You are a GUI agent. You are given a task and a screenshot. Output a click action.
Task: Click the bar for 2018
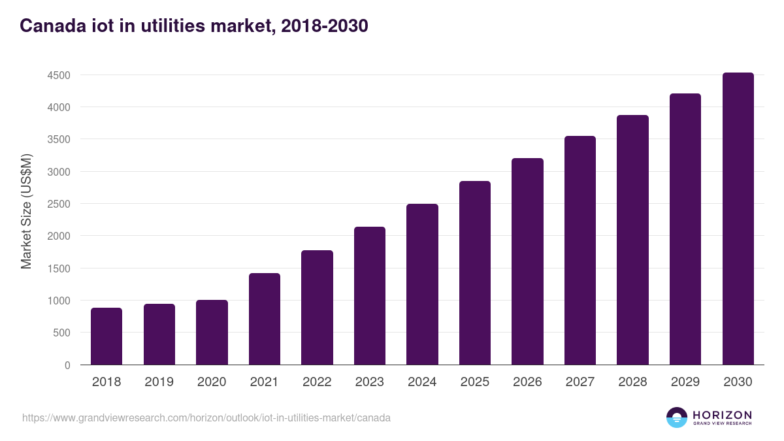coord(106,336)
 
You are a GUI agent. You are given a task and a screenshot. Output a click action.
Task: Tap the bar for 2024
coord(422,284)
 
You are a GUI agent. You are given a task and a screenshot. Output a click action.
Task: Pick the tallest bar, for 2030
coord(738,219)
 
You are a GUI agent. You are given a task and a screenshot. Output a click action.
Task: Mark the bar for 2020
coord(212,333)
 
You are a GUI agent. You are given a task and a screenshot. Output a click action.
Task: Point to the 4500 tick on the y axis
coord(59,75)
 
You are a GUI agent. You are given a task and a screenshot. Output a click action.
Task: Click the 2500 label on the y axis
coord(59,204)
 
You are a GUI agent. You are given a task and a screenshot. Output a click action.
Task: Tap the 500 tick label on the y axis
coord(62,333)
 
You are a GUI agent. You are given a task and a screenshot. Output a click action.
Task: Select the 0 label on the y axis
coord(67,365)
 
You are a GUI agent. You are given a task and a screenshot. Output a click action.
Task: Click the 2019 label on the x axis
coord(159,382)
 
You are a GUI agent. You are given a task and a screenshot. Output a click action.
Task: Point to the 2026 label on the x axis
coord(527,382)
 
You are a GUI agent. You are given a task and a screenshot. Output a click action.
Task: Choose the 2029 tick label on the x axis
coord(685,382)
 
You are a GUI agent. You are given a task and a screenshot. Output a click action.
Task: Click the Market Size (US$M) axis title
coord(27,210)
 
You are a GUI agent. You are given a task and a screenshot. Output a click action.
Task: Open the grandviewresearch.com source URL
coord(206,417)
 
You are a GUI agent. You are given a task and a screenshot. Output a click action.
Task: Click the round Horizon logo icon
coord(677,417)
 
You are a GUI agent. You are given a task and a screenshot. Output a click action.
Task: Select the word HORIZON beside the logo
coord(722,415)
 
